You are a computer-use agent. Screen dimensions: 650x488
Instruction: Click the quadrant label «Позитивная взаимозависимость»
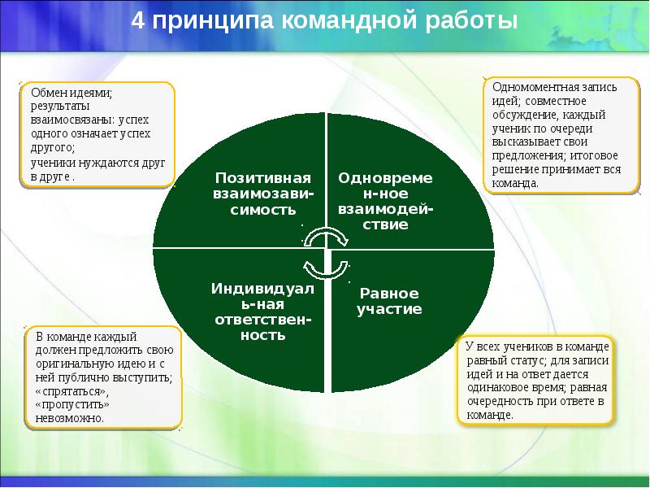coord(263,193)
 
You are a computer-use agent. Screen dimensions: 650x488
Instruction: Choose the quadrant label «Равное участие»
coord(390,301)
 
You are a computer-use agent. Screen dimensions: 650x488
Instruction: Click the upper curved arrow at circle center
coord(327,236)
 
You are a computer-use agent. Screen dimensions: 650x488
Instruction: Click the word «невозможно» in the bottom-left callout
coord(64,418)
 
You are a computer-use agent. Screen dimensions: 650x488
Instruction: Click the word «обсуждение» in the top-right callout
coord(518,115)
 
